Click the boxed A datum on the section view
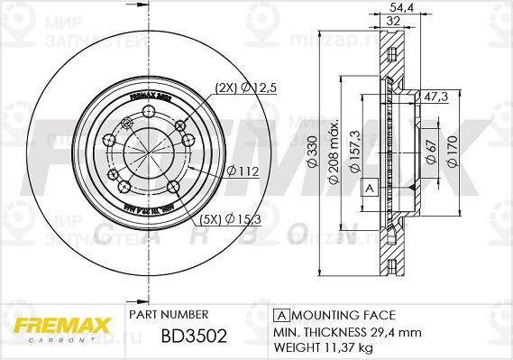click(x=369, y=189)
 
